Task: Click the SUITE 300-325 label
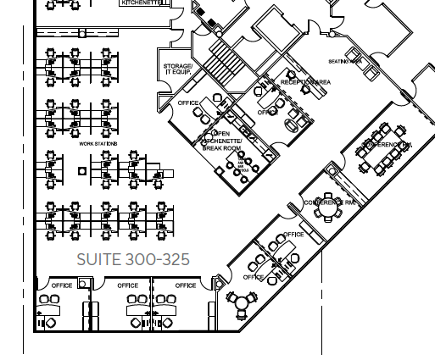coord(133,259)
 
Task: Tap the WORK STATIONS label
coord(98,144)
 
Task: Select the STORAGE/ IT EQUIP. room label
coord(177,69)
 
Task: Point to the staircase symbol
coord(226,63)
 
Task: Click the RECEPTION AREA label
coord(305,81)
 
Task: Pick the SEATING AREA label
coord(345,62)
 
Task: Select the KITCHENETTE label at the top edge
coord(142,3)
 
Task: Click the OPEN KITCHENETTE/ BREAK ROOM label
coord(222,141)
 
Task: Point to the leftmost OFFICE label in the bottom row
coord(62,285)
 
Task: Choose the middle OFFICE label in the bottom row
coord(128,285)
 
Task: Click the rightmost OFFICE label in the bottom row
coord(186,285)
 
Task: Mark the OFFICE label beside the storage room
coord(188,103)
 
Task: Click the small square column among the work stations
coord(81,171)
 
